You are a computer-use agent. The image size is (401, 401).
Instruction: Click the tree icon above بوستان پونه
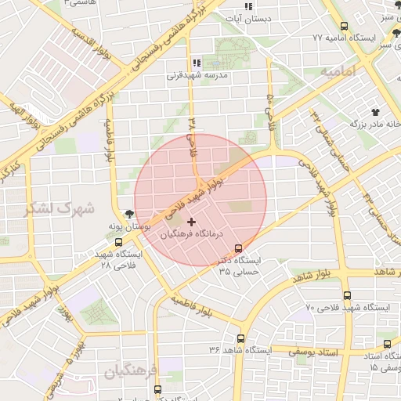click(128, 212)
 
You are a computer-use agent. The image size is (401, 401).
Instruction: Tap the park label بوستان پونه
click(129, 226)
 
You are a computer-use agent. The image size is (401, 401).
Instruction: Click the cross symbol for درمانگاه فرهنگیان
click(192, 222)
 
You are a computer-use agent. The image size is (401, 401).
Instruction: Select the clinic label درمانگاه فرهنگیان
click(192, 234)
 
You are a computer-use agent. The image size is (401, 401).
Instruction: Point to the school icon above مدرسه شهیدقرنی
click(196, 63)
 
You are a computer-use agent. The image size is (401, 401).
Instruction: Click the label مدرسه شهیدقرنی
click(197, 76)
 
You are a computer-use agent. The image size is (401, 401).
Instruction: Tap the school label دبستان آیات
click(247, 17)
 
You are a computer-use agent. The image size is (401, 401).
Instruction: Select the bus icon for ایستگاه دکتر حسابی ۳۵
click(249, 248)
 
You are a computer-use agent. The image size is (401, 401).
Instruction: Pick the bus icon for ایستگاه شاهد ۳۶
click(240, 339)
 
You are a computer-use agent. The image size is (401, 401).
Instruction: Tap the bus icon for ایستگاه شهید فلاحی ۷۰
click(347, 295)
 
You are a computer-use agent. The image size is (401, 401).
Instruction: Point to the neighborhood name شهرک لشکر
click(60, 209)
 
